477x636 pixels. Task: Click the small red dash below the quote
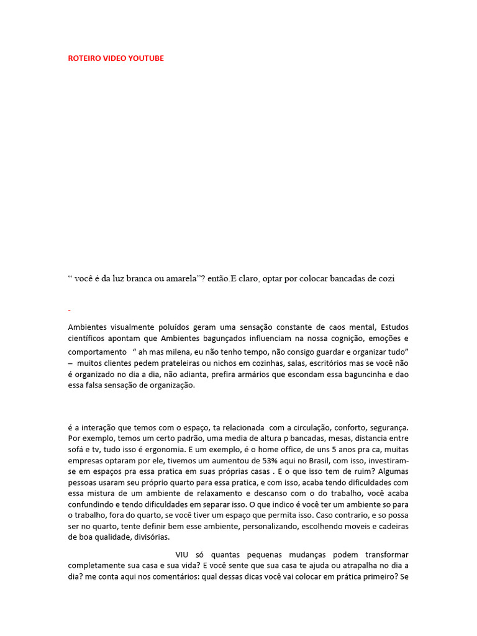(69, 309)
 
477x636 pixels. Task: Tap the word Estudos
(394, 327)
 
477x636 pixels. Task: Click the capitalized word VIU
(182, 554)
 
